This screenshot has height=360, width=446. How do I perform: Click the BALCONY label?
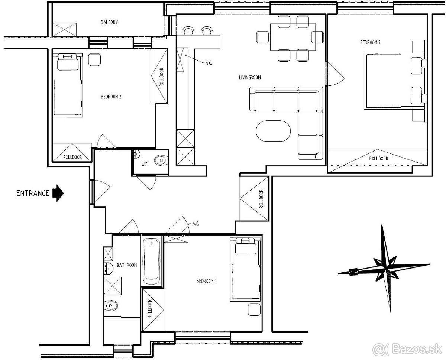(109, 22)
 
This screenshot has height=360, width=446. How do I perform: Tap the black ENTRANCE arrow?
(58, 193)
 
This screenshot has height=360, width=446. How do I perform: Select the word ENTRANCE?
(33, 193)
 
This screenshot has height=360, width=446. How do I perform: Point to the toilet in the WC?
(161, 160)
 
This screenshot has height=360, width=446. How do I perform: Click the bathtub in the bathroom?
(152, 262)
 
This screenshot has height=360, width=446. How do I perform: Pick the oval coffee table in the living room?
(273, 131)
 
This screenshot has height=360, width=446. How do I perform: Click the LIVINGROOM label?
(250, 77)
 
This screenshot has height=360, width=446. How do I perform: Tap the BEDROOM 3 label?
(370, 42)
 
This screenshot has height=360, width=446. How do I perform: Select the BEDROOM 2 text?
(111, 97)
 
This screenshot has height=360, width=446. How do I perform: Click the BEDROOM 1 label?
(206, 281)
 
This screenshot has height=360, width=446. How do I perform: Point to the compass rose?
(384, 268)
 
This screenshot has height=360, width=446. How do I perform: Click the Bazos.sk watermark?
(407, 349)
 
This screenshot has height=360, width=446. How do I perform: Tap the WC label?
(144, 165)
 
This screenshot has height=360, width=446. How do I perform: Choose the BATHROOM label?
(127, 265)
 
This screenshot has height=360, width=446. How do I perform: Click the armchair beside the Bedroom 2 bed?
(94, 60)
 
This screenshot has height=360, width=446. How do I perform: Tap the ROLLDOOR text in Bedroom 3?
(379, 158)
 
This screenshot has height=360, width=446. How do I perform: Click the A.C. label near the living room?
(209, 63)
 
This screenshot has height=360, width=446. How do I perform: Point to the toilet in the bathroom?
(110, 306)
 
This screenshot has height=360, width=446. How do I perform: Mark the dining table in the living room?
(293, 37)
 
